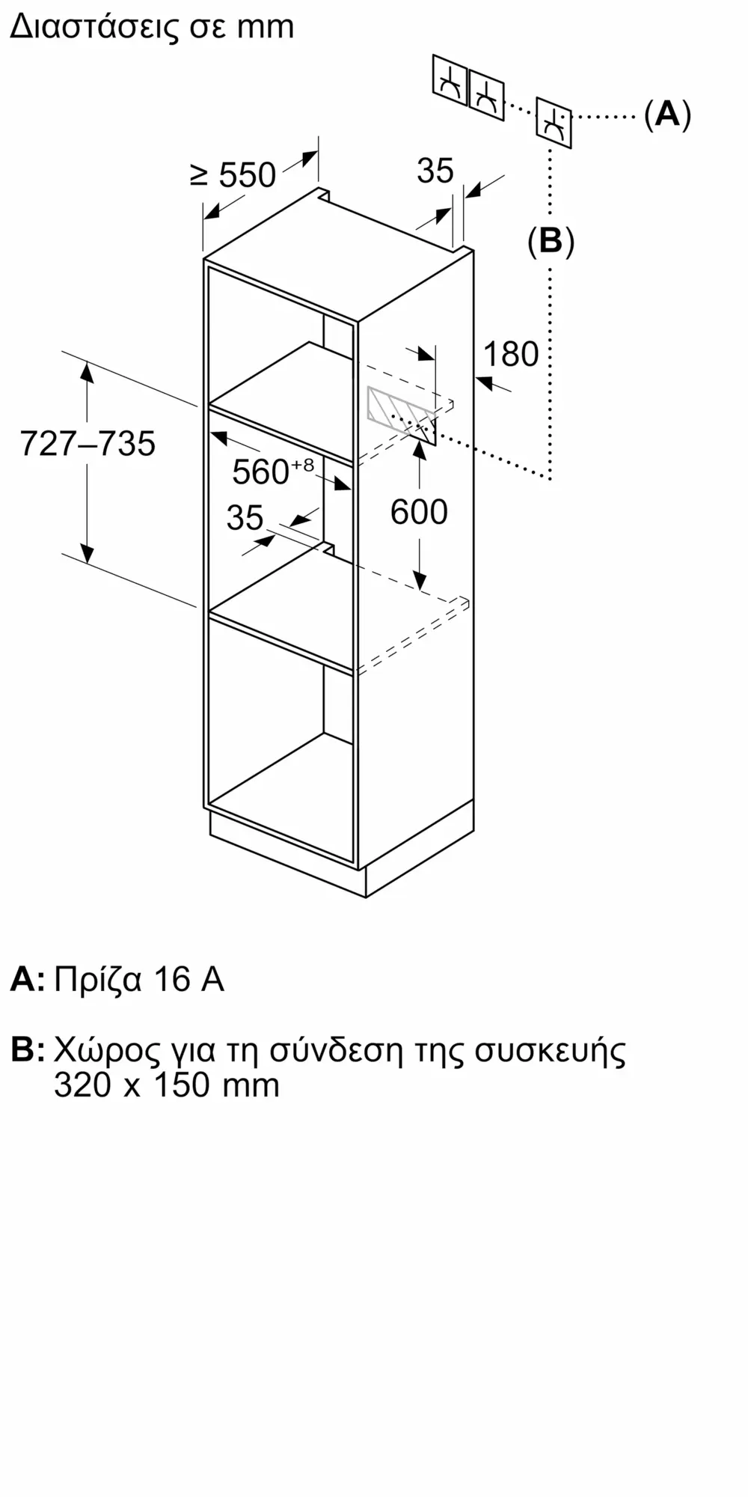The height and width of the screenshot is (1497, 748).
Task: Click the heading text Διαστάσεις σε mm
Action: pos(152,28)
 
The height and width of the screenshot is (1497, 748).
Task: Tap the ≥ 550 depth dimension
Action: pos(233,175)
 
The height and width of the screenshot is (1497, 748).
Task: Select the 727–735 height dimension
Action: pos(88,443)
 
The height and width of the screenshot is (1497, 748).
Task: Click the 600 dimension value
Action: pos(419,512)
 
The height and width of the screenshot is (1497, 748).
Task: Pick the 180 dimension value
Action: pos(511,354)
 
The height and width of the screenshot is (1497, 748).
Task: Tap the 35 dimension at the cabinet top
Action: pos(435,171)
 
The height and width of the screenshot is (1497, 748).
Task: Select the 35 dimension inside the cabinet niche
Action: pos(245,518)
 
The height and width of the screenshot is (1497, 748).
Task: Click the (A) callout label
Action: pos(667,115)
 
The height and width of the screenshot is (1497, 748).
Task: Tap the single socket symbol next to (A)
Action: pos(554,122)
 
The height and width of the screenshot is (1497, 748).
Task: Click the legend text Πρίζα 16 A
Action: pos(139,980)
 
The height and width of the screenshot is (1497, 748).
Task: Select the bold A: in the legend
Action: pos(27,980)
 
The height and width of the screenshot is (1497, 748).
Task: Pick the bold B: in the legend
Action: pos(27,1050)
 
